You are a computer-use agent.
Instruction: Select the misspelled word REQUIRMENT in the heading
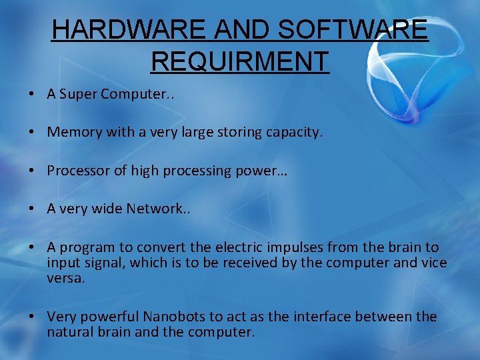point(240,61)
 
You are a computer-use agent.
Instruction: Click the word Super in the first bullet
point(79,94)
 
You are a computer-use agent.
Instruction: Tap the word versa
point(65,278)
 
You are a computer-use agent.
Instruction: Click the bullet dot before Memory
point(32,133)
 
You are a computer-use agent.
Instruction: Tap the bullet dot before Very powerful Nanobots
point(32,317)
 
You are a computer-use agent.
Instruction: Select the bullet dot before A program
point(32,247)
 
